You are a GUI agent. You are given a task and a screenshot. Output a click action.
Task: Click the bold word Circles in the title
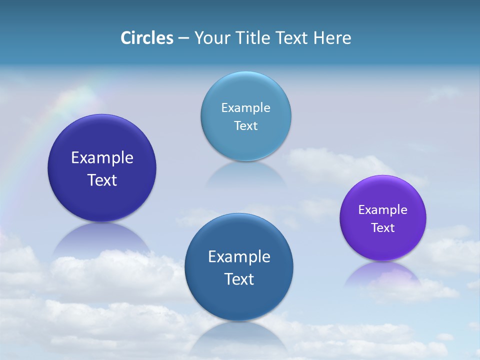point(146,38)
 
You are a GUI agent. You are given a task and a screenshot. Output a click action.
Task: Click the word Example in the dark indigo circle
point(102,157)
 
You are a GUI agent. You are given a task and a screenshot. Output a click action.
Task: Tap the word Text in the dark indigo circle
point(102,180)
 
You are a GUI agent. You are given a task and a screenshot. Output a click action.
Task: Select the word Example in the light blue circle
point(245,107)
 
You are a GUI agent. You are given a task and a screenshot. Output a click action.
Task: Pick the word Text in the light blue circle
point(245,125)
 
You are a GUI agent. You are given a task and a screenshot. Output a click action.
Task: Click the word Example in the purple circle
point(382,209)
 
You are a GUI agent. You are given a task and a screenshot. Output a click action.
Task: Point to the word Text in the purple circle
point(382,227)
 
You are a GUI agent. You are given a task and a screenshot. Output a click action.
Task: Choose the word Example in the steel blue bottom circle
point(239,256)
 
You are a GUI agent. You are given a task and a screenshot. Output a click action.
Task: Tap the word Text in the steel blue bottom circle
point(239,279)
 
